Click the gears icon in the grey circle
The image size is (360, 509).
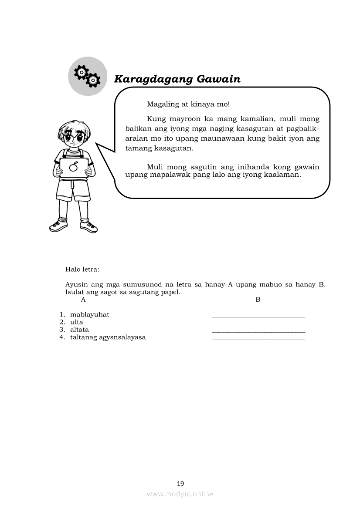coord(88,76)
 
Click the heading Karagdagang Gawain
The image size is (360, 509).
coord(177,79)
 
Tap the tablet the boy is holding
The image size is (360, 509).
coord(74,168)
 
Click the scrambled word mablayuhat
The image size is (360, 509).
coord(89,314)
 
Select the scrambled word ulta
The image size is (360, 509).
coord(76,322)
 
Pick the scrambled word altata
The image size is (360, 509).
coord(79,330)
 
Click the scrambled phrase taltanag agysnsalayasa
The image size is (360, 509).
coord(108,337)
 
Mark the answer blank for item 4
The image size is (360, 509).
coord(258,339)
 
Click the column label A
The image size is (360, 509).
coord(83,300)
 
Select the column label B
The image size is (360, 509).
coord(258,300)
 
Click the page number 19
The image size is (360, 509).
coord(180,483)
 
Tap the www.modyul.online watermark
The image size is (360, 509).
coord(180,494)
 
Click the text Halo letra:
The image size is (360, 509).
coord(82,270)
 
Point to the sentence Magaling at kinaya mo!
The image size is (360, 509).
coord(188,104)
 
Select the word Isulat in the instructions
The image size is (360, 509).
coord(74,292)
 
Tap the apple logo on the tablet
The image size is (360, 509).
coord(74,167)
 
